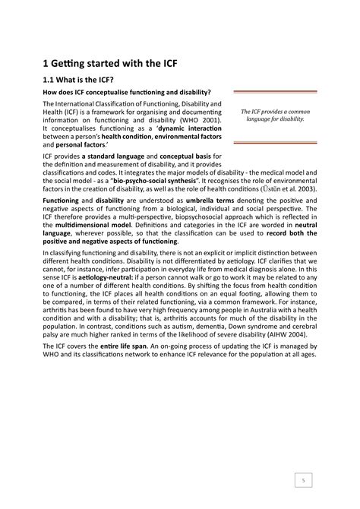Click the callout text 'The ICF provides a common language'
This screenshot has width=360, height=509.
pos(274,115)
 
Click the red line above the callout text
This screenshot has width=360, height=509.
pos(274,91)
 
